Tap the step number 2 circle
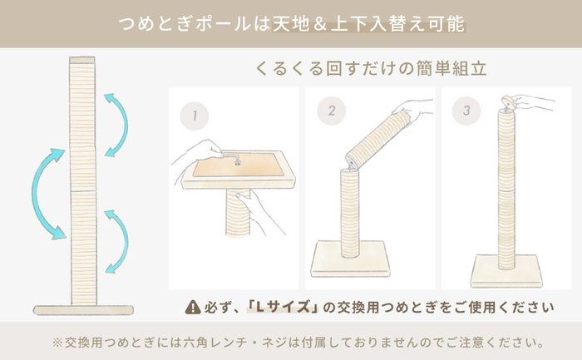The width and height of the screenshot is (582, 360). coord(332,109)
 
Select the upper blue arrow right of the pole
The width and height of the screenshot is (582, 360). coord(116,125)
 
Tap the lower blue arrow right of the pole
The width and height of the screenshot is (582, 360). coord(117,239)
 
